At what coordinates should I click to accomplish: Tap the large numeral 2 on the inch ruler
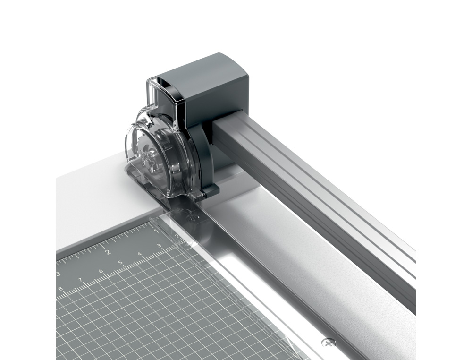(x=108, y=252)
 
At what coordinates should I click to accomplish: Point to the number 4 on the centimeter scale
(x=140, y=254)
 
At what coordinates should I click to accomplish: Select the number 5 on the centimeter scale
(x=120, y=263)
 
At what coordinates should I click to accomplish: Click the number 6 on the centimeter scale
(x=101, y=271)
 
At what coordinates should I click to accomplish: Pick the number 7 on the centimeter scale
(x=80, y=280)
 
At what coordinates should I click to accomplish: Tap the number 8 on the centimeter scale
(x=60, y=289)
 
